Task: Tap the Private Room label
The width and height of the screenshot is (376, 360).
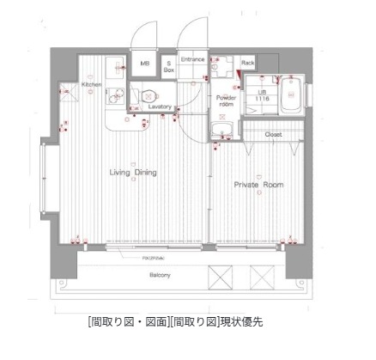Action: [x=259, y=185]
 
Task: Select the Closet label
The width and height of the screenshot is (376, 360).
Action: [x=274, y=135]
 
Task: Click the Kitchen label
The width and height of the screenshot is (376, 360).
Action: [x=93, y=85]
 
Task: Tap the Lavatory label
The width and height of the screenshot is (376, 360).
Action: [x=161, y=107]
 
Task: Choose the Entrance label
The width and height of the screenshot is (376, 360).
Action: [x=193, y=59]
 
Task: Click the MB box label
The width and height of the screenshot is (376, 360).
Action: [x=144, y=63]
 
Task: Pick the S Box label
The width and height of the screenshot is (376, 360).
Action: [x=169, y=66]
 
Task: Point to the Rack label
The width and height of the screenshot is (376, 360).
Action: [x=248, y=63]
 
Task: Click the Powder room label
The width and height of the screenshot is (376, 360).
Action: [x=226, y=100]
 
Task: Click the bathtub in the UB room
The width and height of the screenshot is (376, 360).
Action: [x=288, y=95]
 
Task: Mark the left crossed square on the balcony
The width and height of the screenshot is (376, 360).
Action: [x=219, y=278]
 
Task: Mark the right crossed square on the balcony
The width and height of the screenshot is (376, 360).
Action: [x=259, y=278]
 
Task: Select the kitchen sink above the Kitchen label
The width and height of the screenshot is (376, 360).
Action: [x=114, y=68]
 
